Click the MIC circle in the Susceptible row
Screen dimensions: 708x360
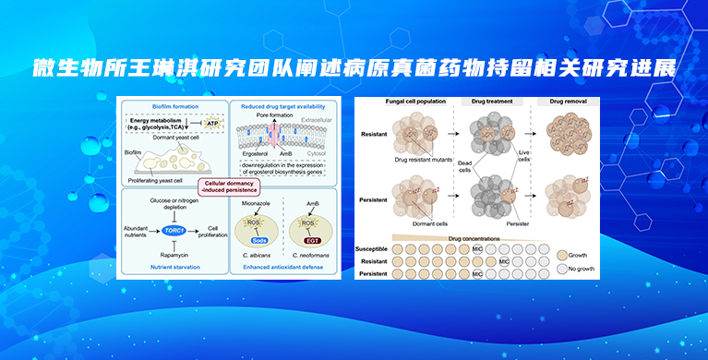click(x=478, y=249)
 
